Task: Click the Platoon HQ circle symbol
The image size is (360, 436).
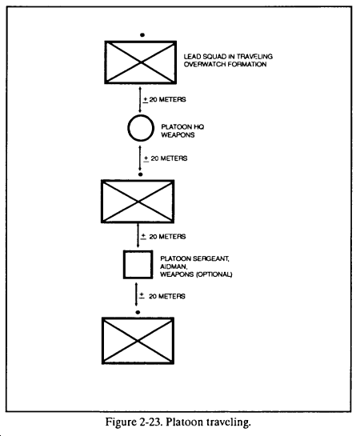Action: point(128,128)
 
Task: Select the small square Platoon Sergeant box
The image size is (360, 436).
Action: point(124,265)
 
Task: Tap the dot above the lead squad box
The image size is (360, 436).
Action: point(142,35)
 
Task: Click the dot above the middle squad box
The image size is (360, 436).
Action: point(140,174)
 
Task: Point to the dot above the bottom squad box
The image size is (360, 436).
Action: point(138,312)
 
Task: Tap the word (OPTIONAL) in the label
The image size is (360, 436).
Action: point(214,274)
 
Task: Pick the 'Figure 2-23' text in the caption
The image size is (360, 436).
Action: point(134,422)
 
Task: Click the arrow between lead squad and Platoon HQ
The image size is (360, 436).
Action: point(140,99)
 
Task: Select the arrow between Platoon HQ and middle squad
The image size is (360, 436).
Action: point(140,158)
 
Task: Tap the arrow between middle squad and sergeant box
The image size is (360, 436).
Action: point(138,235)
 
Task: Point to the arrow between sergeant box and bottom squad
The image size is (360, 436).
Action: point(136,294)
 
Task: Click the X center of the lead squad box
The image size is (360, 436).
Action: point(141,62)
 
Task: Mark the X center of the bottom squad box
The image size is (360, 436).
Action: point(138,341)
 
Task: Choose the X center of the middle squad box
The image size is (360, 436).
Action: point(138,202)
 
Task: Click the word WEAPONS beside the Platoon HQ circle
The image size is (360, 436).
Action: point(178,135)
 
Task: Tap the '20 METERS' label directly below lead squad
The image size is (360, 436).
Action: point(167,99)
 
